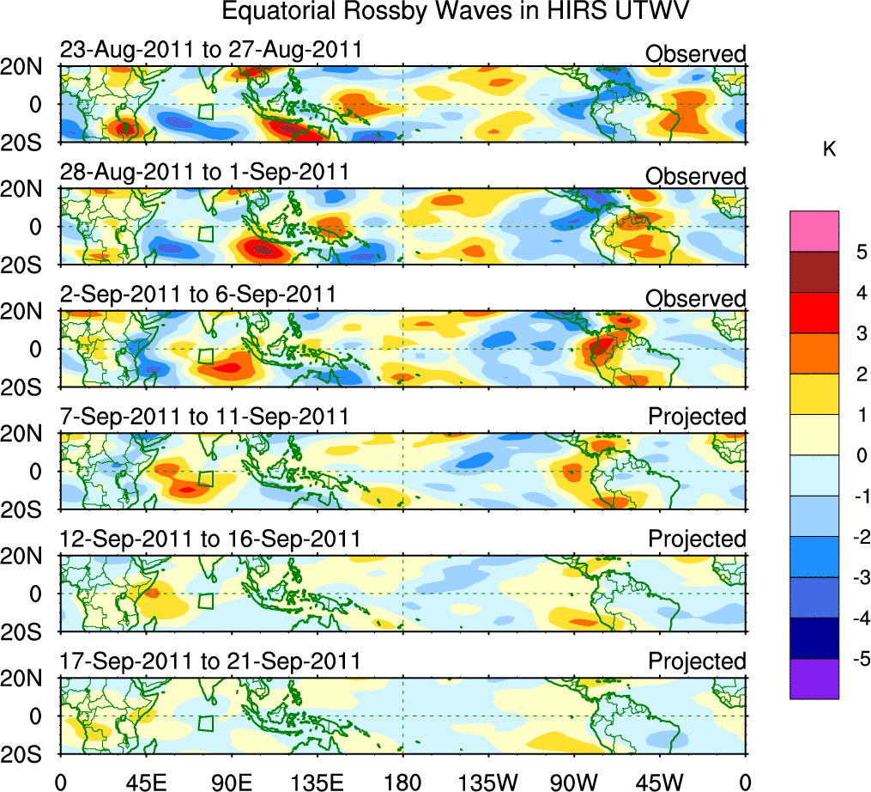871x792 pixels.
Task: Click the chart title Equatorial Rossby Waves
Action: click(x=455, y=13)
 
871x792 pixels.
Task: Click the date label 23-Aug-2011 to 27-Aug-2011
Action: click(x=210, y=50)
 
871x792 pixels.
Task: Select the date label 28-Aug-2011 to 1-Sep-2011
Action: click(x=204, y=172)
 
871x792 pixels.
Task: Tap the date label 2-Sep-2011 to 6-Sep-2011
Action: click(x=197, y=295)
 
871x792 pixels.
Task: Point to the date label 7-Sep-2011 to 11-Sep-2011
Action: click(x=204, y=417)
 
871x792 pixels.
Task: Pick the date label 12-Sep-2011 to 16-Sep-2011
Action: click(x=210, y=539)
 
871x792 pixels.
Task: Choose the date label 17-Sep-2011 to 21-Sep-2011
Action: click(x=210, y=662)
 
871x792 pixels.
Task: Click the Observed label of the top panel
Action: click(x=695, y=54)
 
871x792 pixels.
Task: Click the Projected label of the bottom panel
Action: click(x=697, y=661)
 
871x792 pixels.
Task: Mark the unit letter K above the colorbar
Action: click(x=830, y=149)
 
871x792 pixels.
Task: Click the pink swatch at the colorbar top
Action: click(x=814, y=230)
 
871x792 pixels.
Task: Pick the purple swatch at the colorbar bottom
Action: click(x=814, y=679)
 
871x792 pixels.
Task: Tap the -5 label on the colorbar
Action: click(x=859, y=659)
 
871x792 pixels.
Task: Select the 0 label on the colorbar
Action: click(x=860, y=455)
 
